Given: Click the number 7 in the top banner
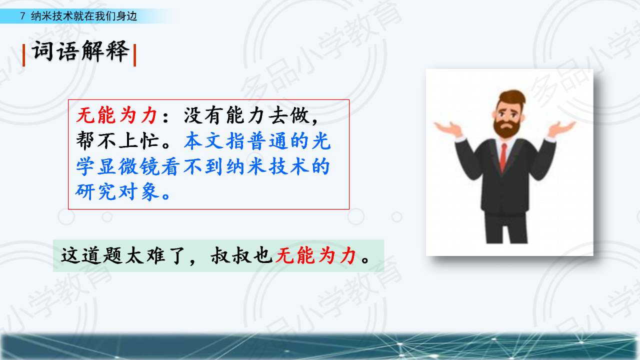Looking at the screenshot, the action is (22, 16).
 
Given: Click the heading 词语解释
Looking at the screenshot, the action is (80, 51).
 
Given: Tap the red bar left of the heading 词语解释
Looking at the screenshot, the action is (23, 55).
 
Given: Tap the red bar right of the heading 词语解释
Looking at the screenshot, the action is (134, 55).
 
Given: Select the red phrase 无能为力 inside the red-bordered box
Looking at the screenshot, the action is (116, 115).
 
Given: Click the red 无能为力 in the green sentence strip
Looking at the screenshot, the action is (315, 255).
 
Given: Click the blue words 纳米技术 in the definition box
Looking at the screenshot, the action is (267, 166).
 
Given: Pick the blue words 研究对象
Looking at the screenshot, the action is (117, 191).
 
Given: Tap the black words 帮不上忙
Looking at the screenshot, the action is (117, 141).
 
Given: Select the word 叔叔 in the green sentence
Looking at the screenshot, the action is (231, 255).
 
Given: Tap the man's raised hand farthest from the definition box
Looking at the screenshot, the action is (561, 129).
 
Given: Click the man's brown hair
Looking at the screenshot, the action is (512, 97).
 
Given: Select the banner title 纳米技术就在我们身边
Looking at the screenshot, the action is (84, 16).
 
